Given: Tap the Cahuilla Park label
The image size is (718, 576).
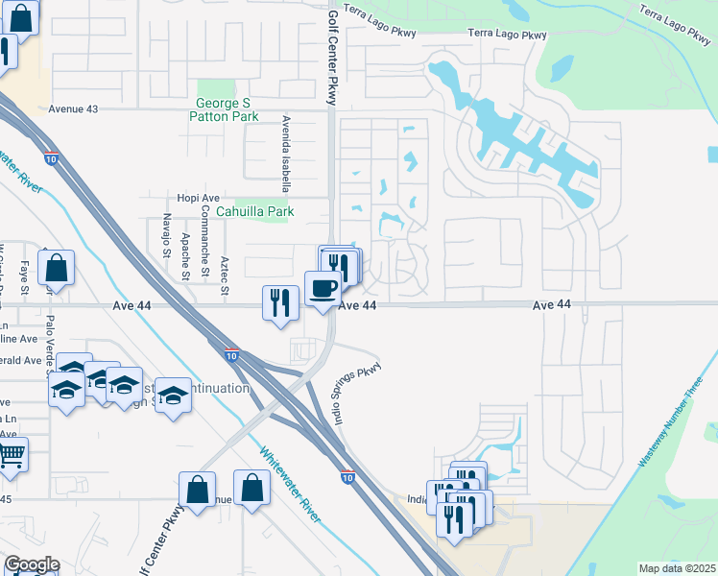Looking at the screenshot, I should pyautogui.click(x=253, y=211).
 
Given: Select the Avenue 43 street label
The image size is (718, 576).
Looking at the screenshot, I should pyautogui.click(x=73, y=109).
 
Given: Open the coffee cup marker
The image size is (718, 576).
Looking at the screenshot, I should pyautogui.click(x=323, y=287).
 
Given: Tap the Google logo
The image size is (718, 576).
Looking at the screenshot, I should pyautogui.click(x=32, y=564).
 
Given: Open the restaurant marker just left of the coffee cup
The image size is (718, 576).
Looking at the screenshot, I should pyautogui.click(x=276, y=302).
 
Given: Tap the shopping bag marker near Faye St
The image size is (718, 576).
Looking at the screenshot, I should pyautogui.click(x=57, y=270).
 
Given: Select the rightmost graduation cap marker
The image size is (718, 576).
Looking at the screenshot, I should pyautogui.click(x=173, y=394).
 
